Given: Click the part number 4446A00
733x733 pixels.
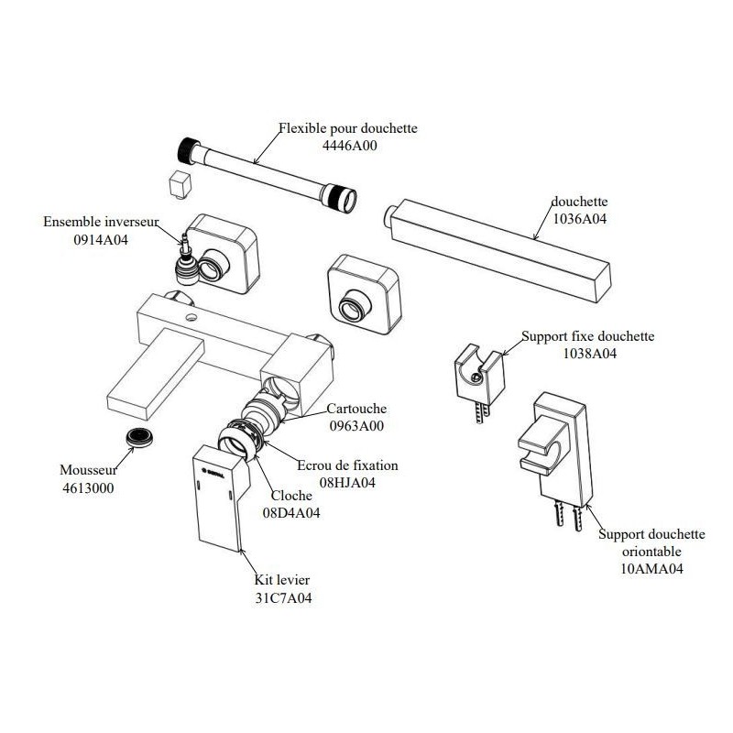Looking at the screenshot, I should point(347,145).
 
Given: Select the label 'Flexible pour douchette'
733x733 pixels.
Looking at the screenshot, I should point(348,128).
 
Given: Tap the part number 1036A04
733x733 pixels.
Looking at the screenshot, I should point(579,219).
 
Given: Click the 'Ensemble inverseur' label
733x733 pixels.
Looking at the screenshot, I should point(101,222).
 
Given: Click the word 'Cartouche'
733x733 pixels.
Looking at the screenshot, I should point(357,410).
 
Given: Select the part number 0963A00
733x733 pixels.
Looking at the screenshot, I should point(357,426).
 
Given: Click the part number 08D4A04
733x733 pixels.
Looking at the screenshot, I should point(291,512).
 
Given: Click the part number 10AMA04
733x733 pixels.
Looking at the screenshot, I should point(651,568).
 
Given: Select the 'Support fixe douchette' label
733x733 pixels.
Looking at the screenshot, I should point(587,336).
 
